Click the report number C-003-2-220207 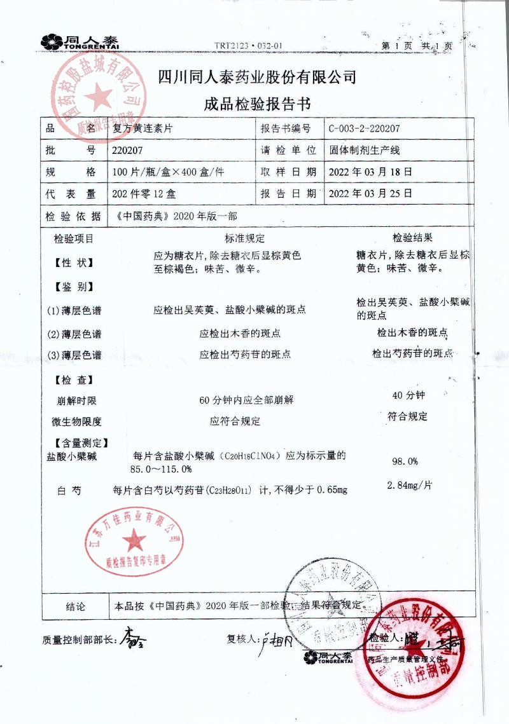[364, 128]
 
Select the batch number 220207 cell [127, 151]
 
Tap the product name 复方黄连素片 [142, 128]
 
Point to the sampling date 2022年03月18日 [370, 172]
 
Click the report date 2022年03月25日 [370, 193]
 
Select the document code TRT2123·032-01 [248, 46]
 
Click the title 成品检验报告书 [257, 104]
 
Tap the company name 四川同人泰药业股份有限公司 [257, 78]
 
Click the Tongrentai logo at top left [80, 42]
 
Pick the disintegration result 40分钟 [408, 395]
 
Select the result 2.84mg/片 [410, 486]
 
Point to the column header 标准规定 [244, 238]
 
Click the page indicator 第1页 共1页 [416, 46]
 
